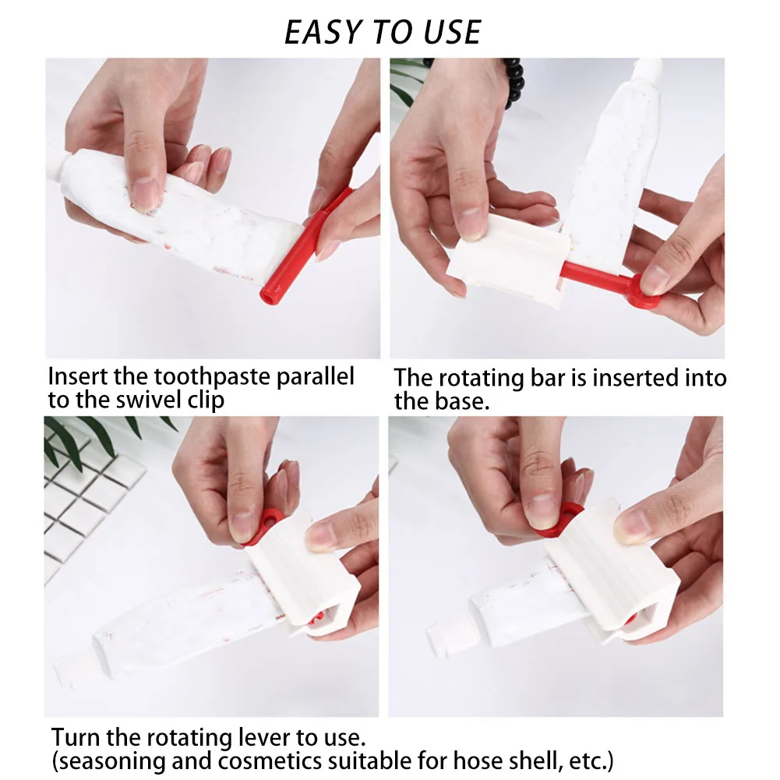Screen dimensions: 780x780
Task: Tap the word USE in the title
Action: [x=452, y=33]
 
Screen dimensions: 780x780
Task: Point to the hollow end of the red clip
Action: [x=268, y=297]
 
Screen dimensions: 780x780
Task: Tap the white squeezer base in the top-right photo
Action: [x=508, y=261]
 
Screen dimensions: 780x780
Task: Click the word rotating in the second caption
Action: [x=481, y=379]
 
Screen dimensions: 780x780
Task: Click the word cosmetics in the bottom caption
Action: [x=270, y=761]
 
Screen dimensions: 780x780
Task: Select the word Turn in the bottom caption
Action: [x=76, y=736]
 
